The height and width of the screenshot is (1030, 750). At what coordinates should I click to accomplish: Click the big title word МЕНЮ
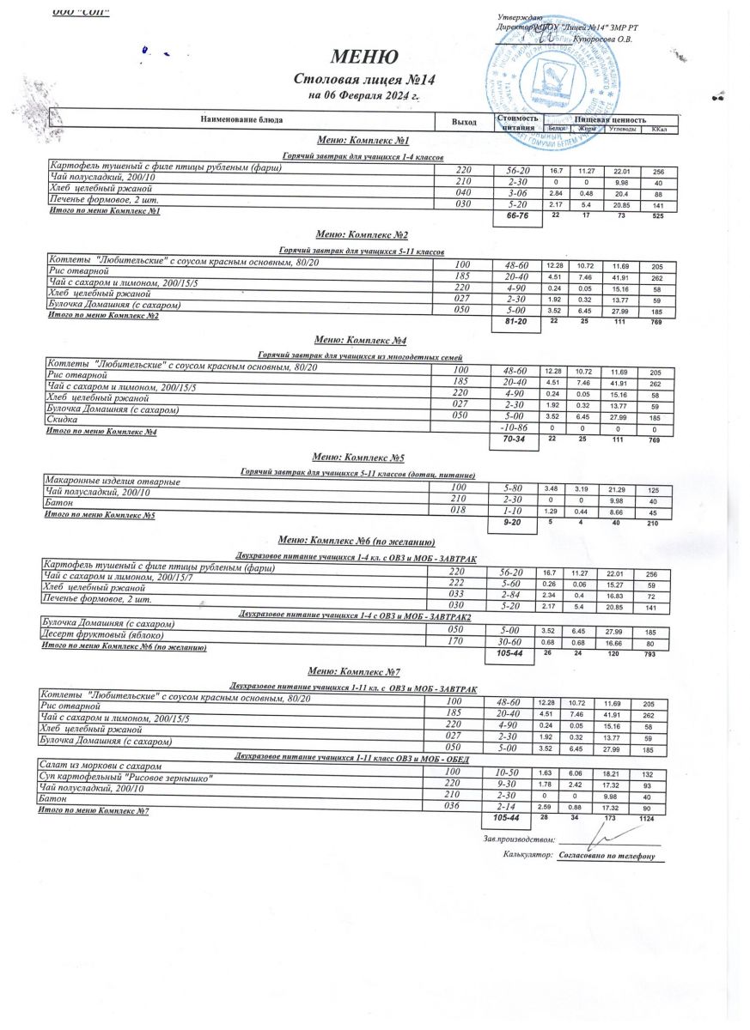click(x=364, y=58)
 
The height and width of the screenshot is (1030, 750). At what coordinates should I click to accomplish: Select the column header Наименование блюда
click(x=241, y=120)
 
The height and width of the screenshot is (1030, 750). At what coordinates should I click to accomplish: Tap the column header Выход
click(x=464, y=122)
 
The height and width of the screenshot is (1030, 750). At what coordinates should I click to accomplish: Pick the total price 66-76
click(x=517, y=216)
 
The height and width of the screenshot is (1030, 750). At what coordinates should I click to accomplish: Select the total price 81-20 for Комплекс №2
click(x=515, y=320)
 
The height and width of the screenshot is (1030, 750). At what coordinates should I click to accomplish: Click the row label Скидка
click(x=62, y=420)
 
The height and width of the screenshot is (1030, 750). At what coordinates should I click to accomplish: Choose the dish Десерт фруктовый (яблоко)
click(x=103, y=633)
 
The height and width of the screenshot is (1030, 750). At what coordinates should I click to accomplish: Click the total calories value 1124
click(x=658, y=820)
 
